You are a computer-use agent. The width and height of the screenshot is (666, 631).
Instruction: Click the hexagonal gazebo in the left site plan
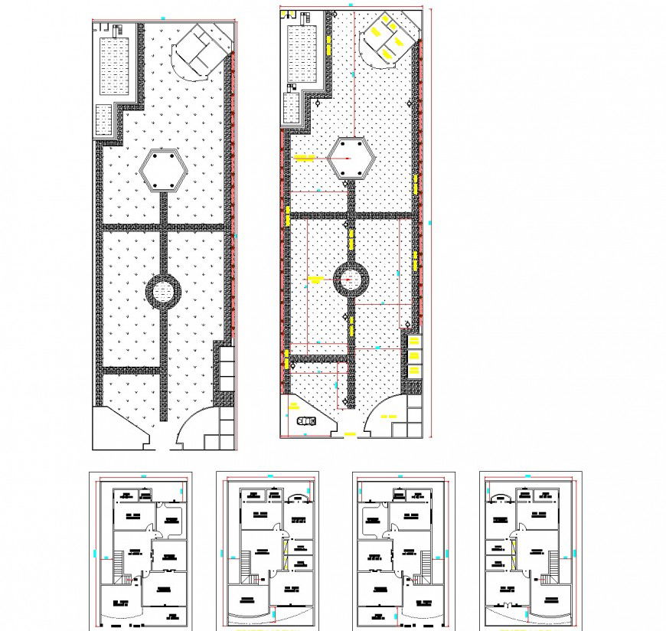click(x=164, y=169)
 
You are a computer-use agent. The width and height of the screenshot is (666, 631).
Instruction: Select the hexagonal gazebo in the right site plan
click(x=351, y=159)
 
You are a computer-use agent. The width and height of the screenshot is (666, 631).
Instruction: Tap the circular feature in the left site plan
click(x=163, y=289)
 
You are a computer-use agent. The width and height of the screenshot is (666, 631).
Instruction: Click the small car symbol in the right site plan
click(x=305, y=420)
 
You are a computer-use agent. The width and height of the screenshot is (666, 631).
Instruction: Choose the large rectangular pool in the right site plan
click(x=305, y=53)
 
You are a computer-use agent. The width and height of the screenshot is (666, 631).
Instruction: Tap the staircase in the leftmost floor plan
click(x=118, y=567)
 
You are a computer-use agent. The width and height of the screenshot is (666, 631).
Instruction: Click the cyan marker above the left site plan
click(x=162, y=18)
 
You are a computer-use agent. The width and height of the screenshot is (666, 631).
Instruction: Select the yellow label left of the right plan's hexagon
click(x=305, y=159)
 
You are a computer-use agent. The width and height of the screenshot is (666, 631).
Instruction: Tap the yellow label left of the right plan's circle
click(x=315, y=280)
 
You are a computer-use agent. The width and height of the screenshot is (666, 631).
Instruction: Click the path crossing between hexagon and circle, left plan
click(x=163, y=227)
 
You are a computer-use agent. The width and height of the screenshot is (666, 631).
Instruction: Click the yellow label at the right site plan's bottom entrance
click(x=350, y=435)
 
